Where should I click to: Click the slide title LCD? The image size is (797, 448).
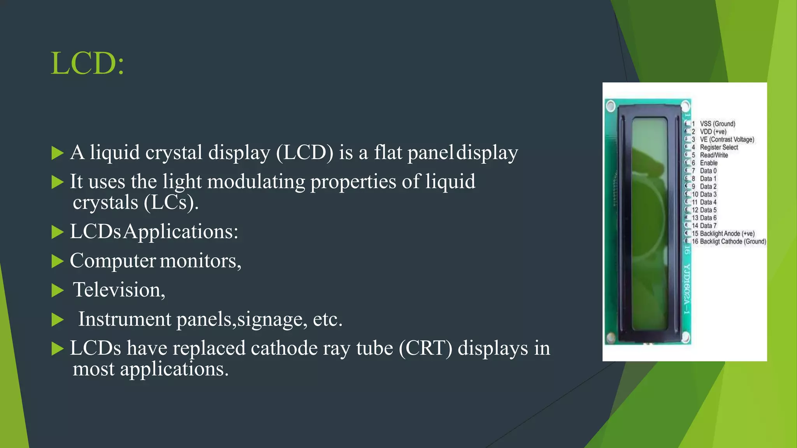tap(88, 63)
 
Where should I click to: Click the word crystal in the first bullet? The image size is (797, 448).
tap(174, 152)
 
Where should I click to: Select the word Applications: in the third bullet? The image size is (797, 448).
tap(181, 232)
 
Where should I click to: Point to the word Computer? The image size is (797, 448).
tap(113, 261)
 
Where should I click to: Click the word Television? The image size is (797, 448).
tap(119, 290)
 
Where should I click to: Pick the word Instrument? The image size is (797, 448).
tap(125, 319)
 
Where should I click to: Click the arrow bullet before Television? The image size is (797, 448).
tap(57, 290)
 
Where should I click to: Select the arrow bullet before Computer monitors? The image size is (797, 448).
tap(57, 261)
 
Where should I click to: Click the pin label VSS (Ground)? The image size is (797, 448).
tap(717, 124)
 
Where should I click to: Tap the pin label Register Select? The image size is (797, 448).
tap(719, 147)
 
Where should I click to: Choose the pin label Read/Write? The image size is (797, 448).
tap(714, 155)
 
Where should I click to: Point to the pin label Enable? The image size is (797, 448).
tap(709, 163)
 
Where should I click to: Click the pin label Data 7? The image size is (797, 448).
tap(708, 226)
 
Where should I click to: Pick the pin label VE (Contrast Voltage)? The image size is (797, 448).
tap(727, 140)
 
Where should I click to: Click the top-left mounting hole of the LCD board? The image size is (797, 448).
tap(611, 106)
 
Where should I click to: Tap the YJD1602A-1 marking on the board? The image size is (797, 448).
tap(687, 289)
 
